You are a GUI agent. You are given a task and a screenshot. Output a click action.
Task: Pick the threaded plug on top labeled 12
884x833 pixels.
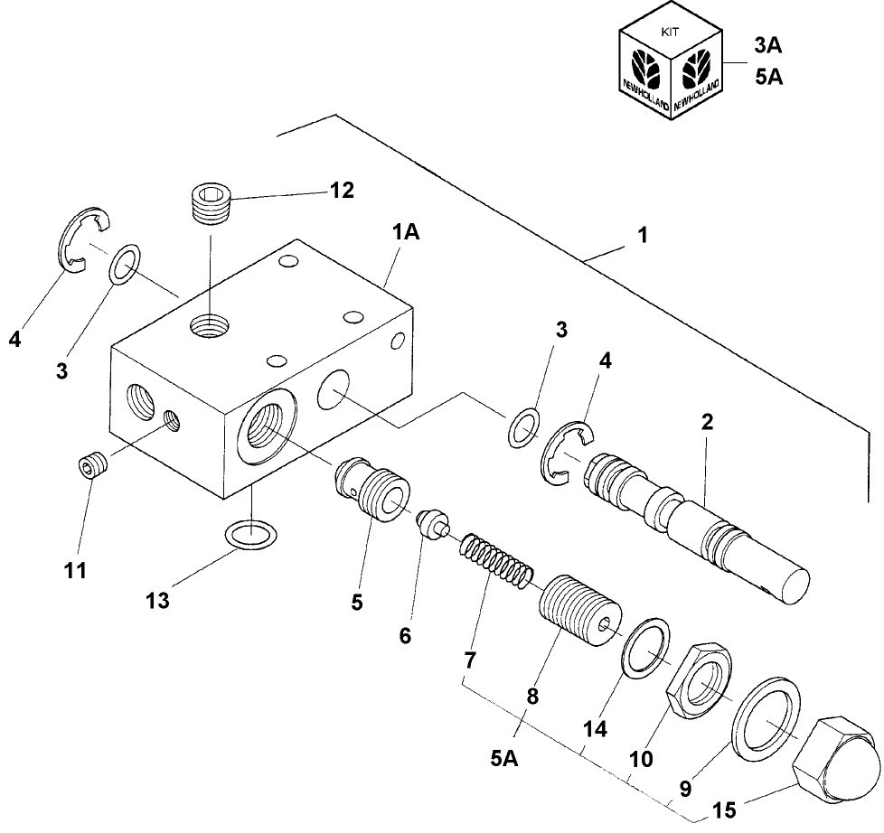[214, 205]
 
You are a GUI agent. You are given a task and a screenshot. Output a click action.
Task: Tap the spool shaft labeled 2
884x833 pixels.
[696, 524]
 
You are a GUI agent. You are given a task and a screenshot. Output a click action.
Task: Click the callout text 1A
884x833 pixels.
[406, 232]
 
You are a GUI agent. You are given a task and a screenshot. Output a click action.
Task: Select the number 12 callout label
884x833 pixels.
[342, 190]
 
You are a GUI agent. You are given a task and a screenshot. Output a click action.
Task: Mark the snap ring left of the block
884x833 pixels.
[82, 239]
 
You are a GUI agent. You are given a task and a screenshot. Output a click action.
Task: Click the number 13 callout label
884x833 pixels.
[157, 600]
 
